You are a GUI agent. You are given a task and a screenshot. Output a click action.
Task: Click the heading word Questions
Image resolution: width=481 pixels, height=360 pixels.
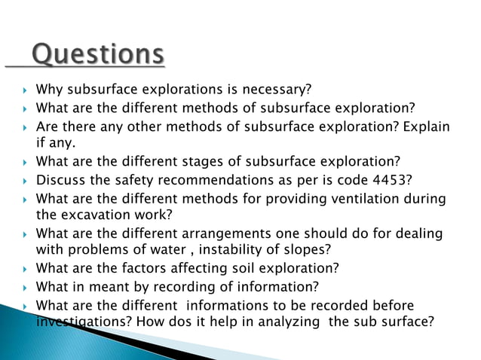point(98,54)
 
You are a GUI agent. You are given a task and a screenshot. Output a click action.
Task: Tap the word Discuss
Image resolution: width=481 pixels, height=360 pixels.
point(60,179)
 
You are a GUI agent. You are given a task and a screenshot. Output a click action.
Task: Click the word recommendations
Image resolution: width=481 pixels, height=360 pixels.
point(204,179)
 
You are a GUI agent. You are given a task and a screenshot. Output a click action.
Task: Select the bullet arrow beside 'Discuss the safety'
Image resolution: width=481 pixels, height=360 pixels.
point(25,180)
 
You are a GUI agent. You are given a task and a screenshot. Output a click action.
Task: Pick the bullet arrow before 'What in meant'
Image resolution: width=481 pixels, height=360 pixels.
point(25,288)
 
